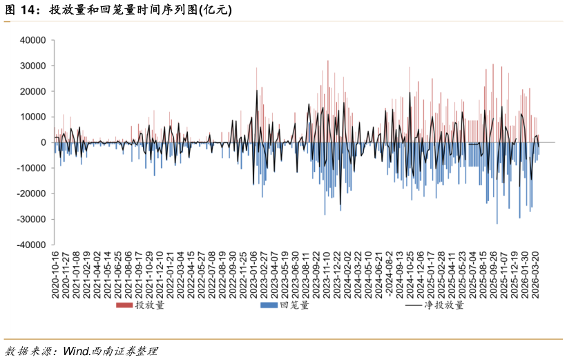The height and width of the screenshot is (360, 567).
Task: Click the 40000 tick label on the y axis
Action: pyautogui.click(x=33, y=40)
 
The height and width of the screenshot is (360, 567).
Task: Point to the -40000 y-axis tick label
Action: pyautogui.click(x=32, y=245)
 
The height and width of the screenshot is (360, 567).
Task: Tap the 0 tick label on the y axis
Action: pyautogui.click(x=44, y=142)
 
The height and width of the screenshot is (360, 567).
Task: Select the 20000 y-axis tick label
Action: pyautogui.click(x=33, y=91)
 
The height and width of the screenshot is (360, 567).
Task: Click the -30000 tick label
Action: pyautogui.click(x=32, y=219)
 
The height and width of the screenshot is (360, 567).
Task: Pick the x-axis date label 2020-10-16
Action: pyautogui.click(x=55, y=275)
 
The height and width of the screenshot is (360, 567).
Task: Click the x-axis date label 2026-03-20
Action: pyautogui.click(x=535, y=275)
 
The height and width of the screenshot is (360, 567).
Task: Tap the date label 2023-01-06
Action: pyautogui.click(x=253, y=275)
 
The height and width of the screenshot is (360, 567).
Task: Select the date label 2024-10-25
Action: pyautogui.click(x=410, y=275)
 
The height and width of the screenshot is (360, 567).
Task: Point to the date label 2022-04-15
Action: pyautogui.click(x=191, y=275)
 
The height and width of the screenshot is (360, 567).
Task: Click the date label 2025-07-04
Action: pyautogui.click(x=472, y=275)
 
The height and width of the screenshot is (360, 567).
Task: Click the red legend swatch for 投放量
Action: pyautogui.click(x=124, y=305)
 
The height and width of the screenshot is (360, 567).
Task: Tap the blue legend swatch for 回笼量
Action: pyautogui.click(x=269, y=305)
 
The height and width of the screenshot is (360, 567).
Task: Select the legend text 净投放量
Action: pyautogui.click(x=444, y=305)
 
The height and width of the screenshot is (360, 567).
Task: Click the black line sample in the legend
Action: pyautogui.click(x=414, y=305)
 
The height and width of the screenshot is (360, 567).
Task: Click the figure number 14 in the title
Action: pyautogui.click(x=28, y=10)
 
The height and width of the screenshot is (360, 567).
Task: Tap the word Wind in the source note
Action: pyautogui.click(x=76, y=351)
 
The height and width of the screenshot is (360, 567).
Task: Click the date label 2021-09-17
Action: pyautogui.click(x=139, y=275)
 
